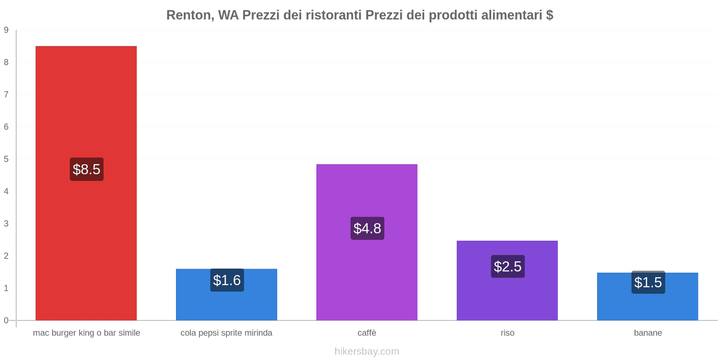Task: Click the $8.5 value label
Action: pyautogui.click(x=86, y=169)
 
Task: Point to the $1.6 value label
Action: pyautogui.click(x=227, y=280)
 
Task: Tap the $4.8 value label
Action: pyautogui.click(x=367, y=228)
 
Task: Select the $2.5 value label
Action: pyautogui.click(x=508, y=266)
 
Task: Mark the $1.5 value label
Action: pyautogui.click(x=648, y=283)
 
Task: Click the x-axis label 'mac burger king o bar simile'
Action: pyautogui.click(x=86, y=333)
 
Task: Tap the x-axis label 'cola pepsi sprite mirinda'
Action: pyautogui.click(x=226, y=333)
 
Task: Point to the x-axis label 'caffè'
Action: pyautogui.click(x=367, y=333)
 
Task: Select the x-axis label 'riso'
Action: pyautogui.click(x=507, y=333)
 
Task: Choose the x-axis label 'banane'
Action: pyautogui.click(x=648, y=333)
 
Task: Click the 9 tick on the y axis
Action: pyautogui.click(x=6, y=30)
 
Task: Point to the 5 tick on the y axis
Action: pyautogui.click(x=6, y=159)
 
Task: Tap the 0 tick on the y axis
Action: pyautogui.click(x=6, y=320)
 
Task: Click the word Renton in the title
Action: pyautogui.click(x=189, y=15)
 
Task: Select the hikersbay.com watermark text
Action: pyautogui.click(x=367, y=351)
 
